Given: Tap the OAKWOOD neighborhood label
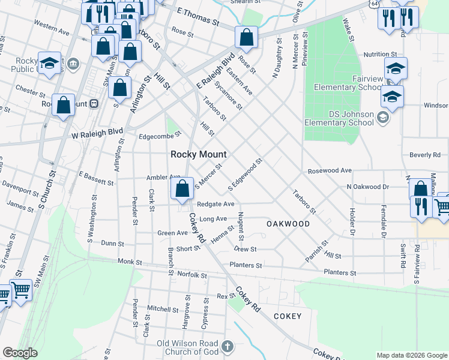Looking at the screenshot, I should coord(288,224).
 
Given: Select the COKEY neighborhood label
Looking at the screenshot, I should coord(292,316).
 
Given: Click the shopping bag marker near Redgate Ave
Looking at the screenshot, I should coord(181,190).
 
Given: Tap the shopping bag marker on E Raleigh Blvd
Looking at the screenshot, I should coord(246,38).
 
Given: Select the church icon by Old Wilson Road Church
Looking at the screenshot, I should coord(227,346).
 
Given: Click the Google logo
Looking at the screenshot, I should coord(20,353).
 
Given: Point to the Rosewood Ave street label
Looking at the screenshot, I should coord(330,171).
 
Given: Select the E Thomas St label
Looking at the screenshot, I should coord(197,16).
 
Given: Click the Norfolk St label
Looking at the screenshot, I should coord(192,275).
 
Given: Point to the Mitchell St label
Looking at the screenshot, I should coord(159,308).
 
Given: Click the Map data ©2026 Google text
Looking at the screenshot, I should coord(412,355).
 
